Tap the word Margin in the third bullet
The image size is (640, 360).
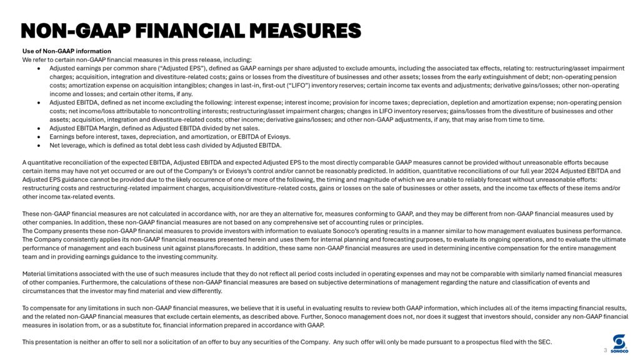pos(99,128)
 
